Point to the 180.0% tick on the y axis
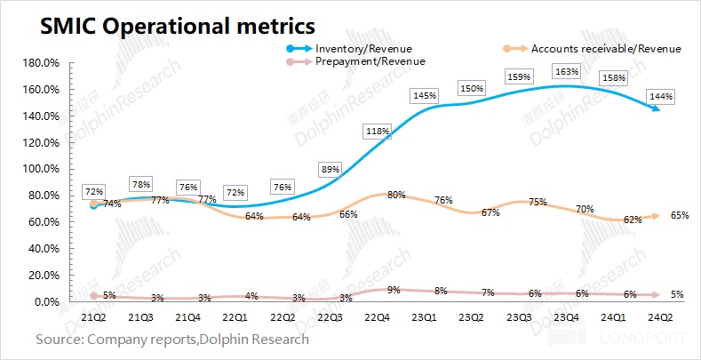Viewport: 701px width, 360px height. click(40, 64)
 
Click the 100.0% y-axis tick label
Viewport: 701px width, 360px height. click(40, 169)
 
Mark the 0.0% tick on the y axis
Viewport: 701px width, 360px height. click(45, 302)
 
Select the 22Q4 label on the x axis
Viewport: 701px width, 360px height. click(377, 317)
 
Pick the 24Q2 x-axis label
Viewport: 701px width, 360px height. click(658, 317)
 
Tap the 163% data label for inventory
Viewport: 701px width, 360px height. click(565, 72)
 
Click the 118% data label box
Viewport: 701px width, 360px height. click(377, 132)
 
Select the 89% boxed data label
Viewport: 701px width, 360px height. click(330, 169)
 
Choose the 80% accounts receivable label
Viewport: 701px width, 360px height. click(397, 196)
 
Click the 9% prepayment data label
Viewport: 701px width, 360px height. click(394, 290)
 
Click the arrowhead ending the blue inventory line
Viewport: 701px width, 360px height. click(657, 108)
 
